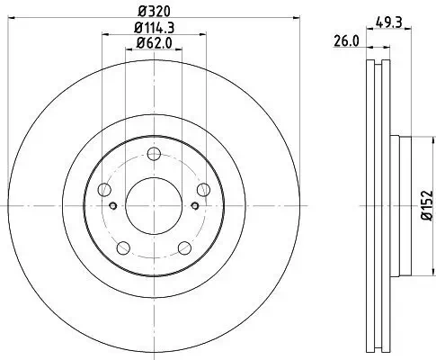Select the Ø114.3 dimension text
[153, 29]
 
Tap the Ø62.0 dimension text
[154, 44]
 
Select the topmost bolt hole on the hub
[152, 153]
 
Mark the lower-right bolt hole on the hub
[183, 246]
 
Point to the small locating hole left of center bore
[112, 204]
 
